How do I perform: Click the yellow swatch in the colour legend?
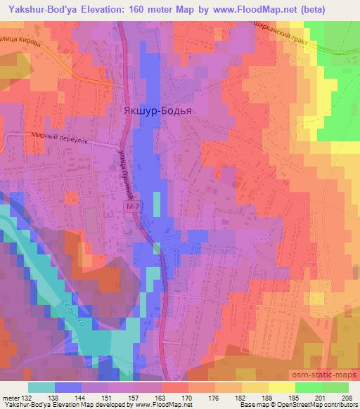(x=281, y=387)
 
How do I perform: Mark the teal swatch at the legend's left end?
(x=41, y=387)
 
